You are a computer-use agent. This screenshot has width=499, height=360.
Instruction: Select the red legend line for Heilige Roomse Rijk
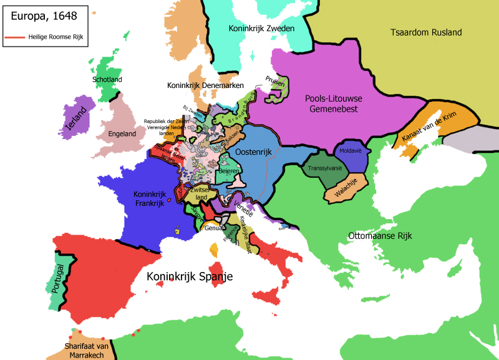point(16,37)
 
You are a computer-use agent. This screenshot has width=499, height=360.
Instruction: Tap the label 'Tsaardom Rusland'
point(425,32)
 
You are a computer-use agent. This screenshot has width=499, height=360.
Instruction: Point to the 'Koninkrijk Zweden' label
point(261,29)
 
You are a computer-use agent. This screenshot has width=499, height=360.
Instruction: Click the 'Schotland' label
point(107,80)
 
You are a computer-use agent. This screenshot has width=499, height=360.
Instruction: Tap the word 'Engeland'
point(122,134)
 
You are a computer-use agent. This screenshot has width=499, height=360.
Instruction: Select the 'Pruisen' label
point(274,82)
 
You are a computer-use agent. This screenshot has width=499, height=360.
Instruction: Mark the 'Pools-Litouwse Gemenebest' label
point(334,104)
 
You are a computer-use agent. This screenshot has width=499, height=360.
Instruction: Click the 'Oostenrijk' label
point(256,152)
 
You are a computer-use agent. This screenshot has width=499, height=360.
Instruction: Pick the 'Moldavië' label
point(350,152)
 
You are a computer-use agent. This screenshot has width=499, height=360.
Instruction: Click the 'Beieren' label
point(229,170)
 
